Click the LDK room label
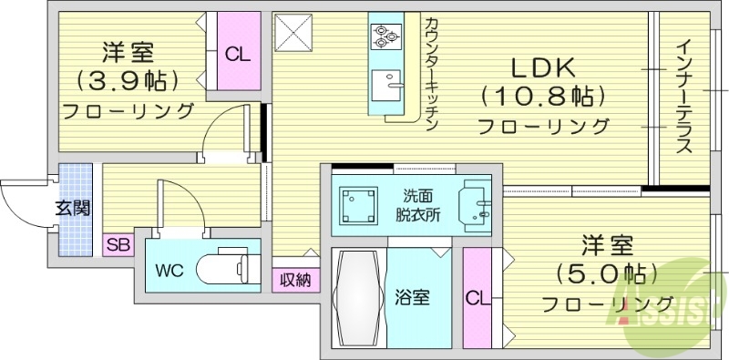coord(540,67)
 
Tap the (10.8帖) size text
coord(540,95)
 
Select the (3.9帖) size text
coord(128,81)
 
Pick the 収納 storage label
coord(295,280)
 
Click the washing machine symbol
coord(359,205)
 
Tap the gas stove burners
coord(385,36)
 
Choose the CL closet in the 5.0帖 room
coord(476,299)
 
